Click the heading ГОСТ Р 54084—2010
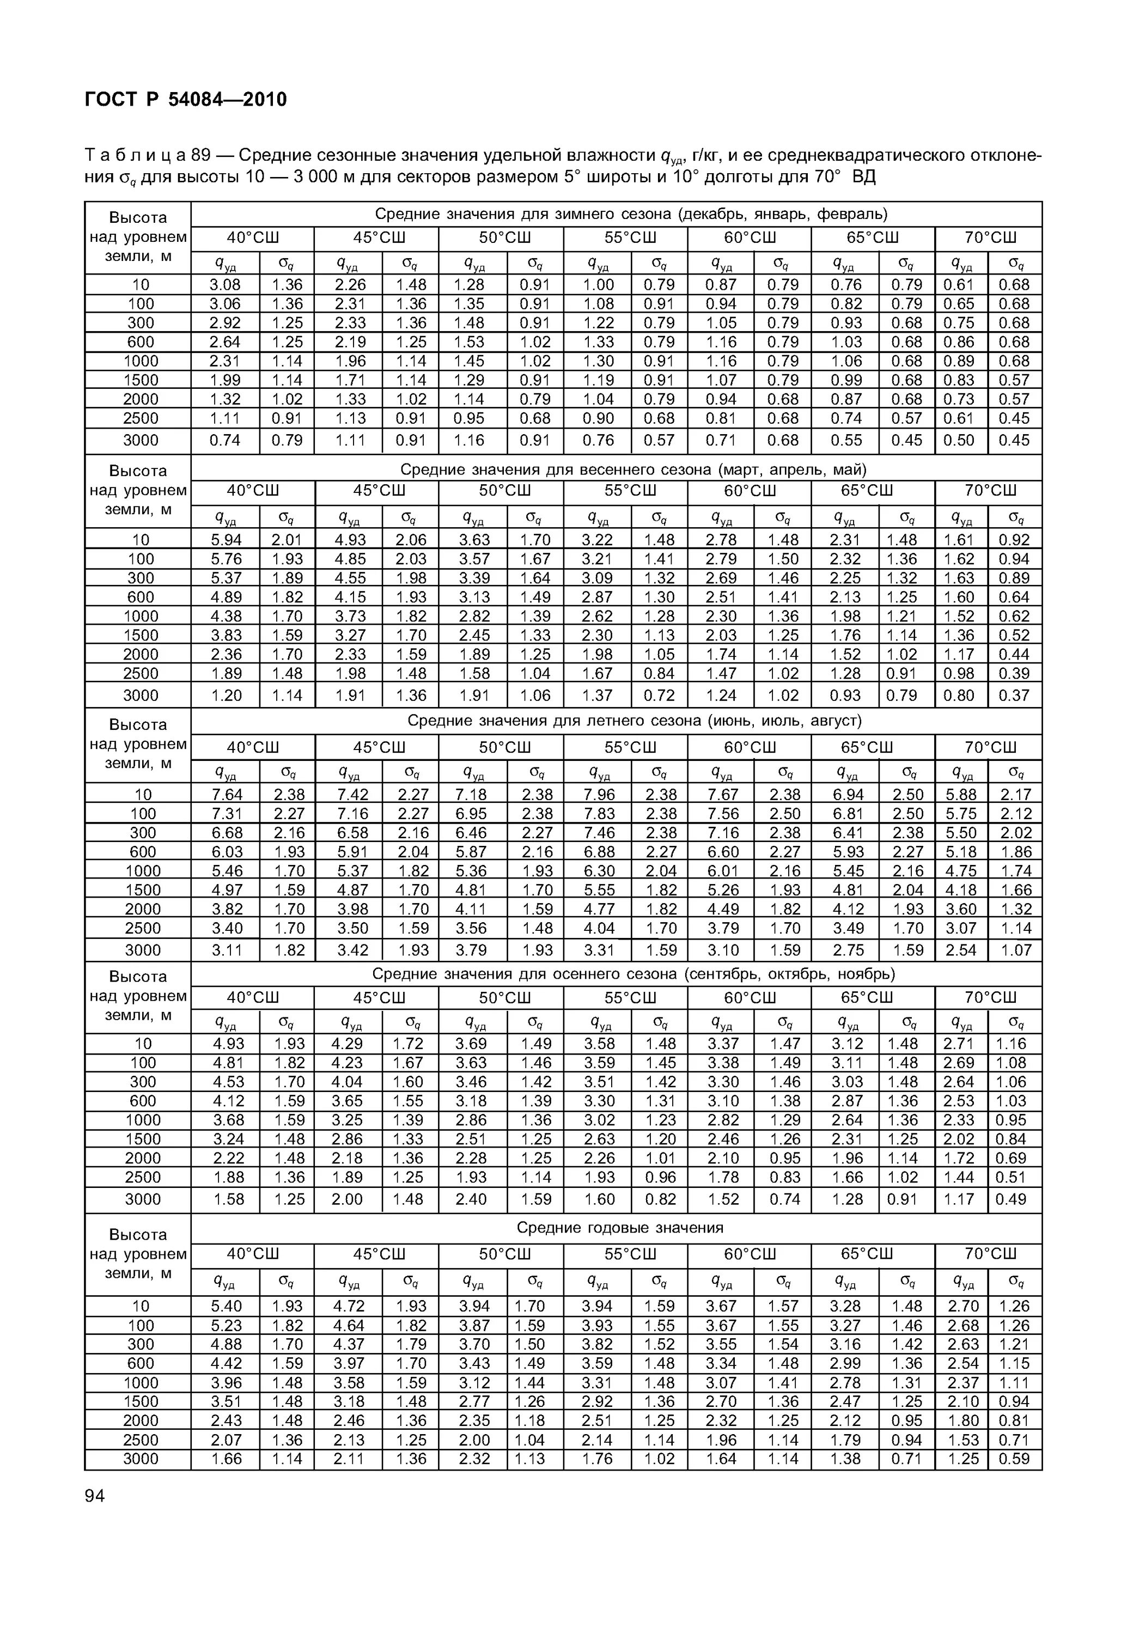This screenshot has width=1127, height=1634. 186,100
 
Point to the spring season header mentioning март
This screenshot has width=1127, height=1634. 633,470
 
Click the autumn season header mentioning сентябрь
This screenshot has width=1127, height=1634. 633,974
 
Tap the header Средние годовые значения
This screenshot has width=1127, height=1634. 619,1227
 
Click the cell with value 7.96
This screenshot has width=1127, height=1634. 598,795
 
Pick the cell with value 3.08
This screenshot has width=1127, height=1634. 226,284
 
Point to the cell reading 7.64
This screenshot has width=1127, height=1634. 227,795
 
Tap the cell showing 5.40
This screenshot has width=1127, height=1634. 226,1306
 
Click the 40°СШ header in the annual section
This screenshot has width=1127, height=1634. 253,1254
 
